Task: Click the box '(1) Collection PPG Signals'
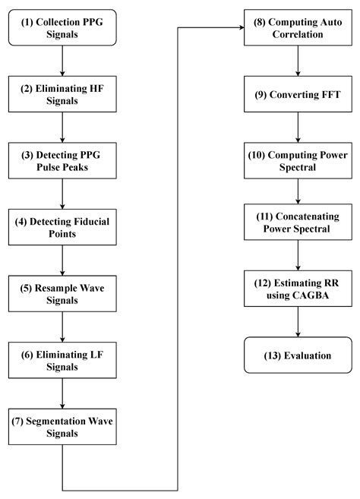point(62,29)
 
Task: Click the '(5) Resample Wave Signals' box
point(62,292)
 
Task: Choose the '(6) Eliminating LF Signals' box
point(62,358)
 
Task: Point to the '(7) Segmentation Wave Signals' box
point(62,424)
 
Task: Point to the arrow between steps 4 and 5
point(62,261)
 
